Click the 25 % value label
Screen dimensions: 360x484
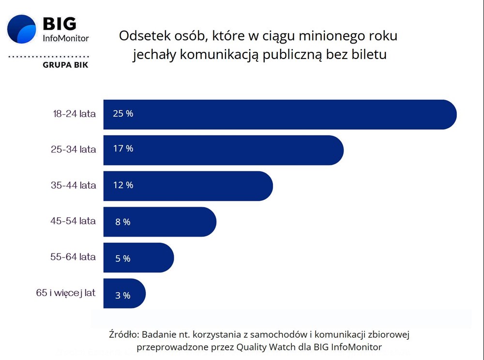[x=123, y=114]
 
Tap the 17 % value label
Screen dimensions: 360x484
[x=123, y=149]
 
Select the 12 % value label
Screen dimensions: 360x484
[x=123, y=185]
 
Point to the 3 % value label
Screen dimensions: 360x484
[x=122, y=295]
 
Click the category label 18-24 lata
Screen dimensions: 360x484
[x=75, y=114]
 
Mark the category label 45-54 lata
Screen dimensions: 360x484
[x=73, y=221]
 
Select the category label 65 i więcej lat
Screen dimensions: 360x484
[x=66, y=293]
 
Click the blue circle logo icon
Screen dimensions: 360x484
[x=22, y=30]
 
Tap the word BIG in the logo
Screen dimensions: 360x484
[x=60, y=23]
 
